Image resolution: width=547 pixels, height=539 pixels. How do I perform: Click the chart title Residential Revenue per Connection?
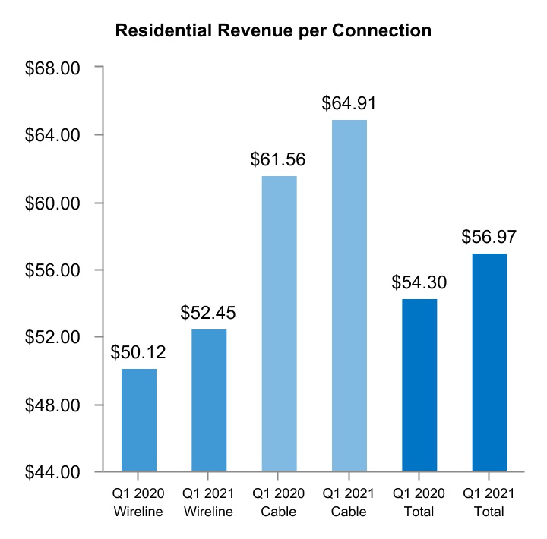point(273,31)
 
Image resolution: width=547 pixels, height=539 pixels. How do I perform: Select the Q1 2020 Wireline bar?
point(139,420)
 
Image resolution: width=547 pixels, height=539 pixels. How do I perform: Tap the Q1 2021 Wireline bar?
point(209,400)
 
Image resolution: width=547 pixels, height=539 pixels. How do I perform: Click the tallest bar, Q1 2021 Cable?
point(349,295)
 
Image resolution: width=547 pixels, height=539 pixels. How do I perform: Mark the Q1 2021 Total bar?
point(489,362)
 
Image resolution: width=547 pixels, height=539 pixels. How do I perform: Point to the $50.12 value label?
point(138,352)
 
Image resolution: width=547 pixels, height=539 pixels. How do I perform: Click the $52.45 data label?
point(208,313)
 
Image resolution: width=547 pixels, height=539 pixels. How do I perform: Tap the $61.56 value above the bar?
point(279,159)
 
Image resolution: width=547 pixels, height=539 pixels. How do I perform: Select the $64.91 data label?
point(349,103)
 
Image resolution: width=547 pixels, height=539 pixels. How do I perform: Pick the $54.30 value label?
point(419,282)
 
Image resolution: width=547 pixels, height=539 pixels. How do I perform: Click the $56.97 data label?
point(489,237)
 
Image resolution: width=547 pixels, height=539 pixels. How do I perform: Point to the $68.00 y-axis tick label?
point(53,68)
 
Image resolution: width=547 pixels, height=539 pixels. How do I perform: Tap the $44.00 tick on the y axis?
point(53,472)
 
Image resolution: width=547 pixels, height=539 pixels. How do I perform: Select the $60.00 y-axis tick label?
point(53,203)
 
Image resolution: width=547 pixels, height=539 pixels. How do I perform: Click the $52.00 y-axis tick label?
point(53,338)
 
